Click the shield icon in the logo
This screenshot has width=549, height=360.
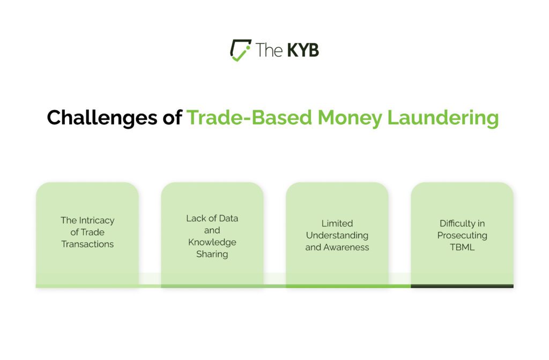pyautogui.click(x=240, y=49)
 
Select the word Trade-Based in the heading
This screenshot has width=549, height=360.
pyautogui.click(x=249, y=117)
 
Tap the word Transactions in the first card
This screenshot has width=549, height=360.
pyautogui.click(x=87, y=244)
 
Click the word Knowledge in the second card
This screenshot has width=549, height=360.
pyautogui.click(x=212, y=242)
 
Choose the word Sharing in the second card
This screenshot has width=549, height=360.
pyautogui.click(x=212, y=254)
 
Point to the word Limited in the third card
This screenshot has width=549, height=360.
pyautogui.click(x=337, y=223)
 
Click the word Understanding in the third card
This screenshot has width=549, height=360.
pyautogui.click(x=337, y=235)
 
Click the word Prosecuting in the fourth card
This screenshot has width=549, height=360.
pyautogui.click(x=462, y=235)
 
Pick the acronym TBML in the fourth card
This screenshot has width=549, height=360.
pyautogui.click(x=462, y=247)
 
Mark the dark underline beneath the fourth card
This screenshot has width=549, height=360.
pyautogui.click(x=462, y=286)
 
